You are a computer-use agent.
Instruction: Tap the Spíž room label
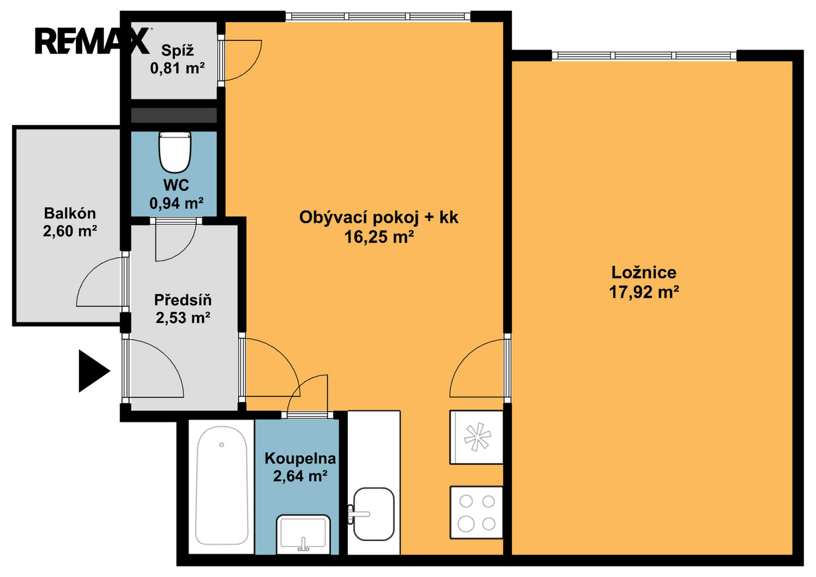[177, 50]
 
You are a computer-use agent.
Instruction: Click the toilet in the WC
[175, 152]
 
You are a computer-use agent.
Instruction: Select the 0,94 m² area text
[176, 202]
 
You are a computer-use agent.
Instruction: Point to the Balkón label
[70, 213]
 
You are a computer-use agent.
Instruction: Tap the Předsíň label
[183, 300]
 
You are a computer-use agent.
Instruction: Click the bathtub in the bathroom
[221, 486]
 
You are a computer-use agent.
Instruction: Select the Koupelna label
[300, 458]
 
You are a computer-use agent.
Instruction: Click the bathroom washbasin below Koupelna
[303, 534]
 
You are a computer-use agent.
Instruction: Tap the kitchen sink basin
[374, 514]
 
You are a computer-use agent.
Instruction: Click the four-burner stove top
[477, 512]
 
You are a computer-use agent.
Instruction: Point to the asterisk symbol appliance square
[477, 437]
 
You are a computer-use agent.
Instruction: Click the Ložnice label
[644, 272]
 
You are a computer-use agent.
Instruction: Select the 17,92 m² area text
[644, 292]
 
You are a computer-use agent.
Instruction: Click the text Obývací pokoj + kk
[378, 217]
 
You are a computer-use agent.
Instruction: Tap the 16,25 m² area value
[379, 237]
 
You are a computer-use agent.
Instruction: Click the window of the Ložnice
[644, 56]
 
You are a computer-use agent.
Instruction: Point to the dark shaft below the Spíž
[174, 115]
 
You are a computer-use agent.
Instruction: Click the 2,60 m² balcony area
[70, 231]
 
